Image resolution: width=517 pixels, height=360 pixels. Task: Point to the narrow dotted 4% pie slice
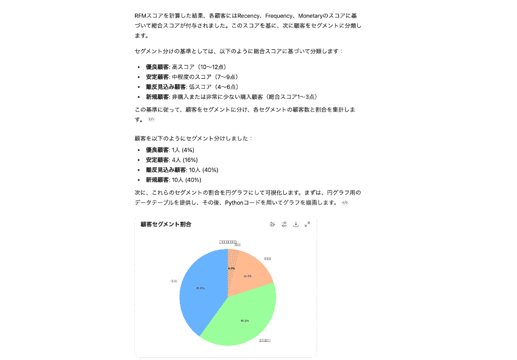pyautogui.click(x=232, y=263)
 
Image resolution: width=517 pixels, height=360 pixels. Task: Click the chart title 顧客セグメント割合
pyautogui.click(x=166, y=224)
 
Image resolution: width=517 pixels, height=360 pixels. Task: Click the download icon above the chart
pyautogui.click(x=296, y=224)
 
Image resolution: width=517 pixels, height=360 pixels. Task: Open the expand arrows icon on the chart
pyautogui.click(x=307, y=224)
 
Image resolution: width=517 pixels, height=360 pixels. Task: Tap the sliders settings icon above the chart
pyautogui.click(x=284, y=224)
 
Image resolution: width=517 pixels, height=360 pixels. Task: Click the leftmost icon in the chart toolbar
pyautogui.click(x=273, y=224)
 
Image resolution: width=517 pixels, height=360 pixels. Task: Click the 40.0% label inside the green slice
pyautogui.click(x=244, y=321)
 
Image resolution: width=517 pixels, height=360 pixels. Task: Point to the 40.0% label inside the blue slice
pyautogui.click(x=200, y=288)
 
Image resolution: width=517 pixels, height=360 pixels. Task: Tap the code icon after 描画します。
pyautogui.click(x=345, y=202)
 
